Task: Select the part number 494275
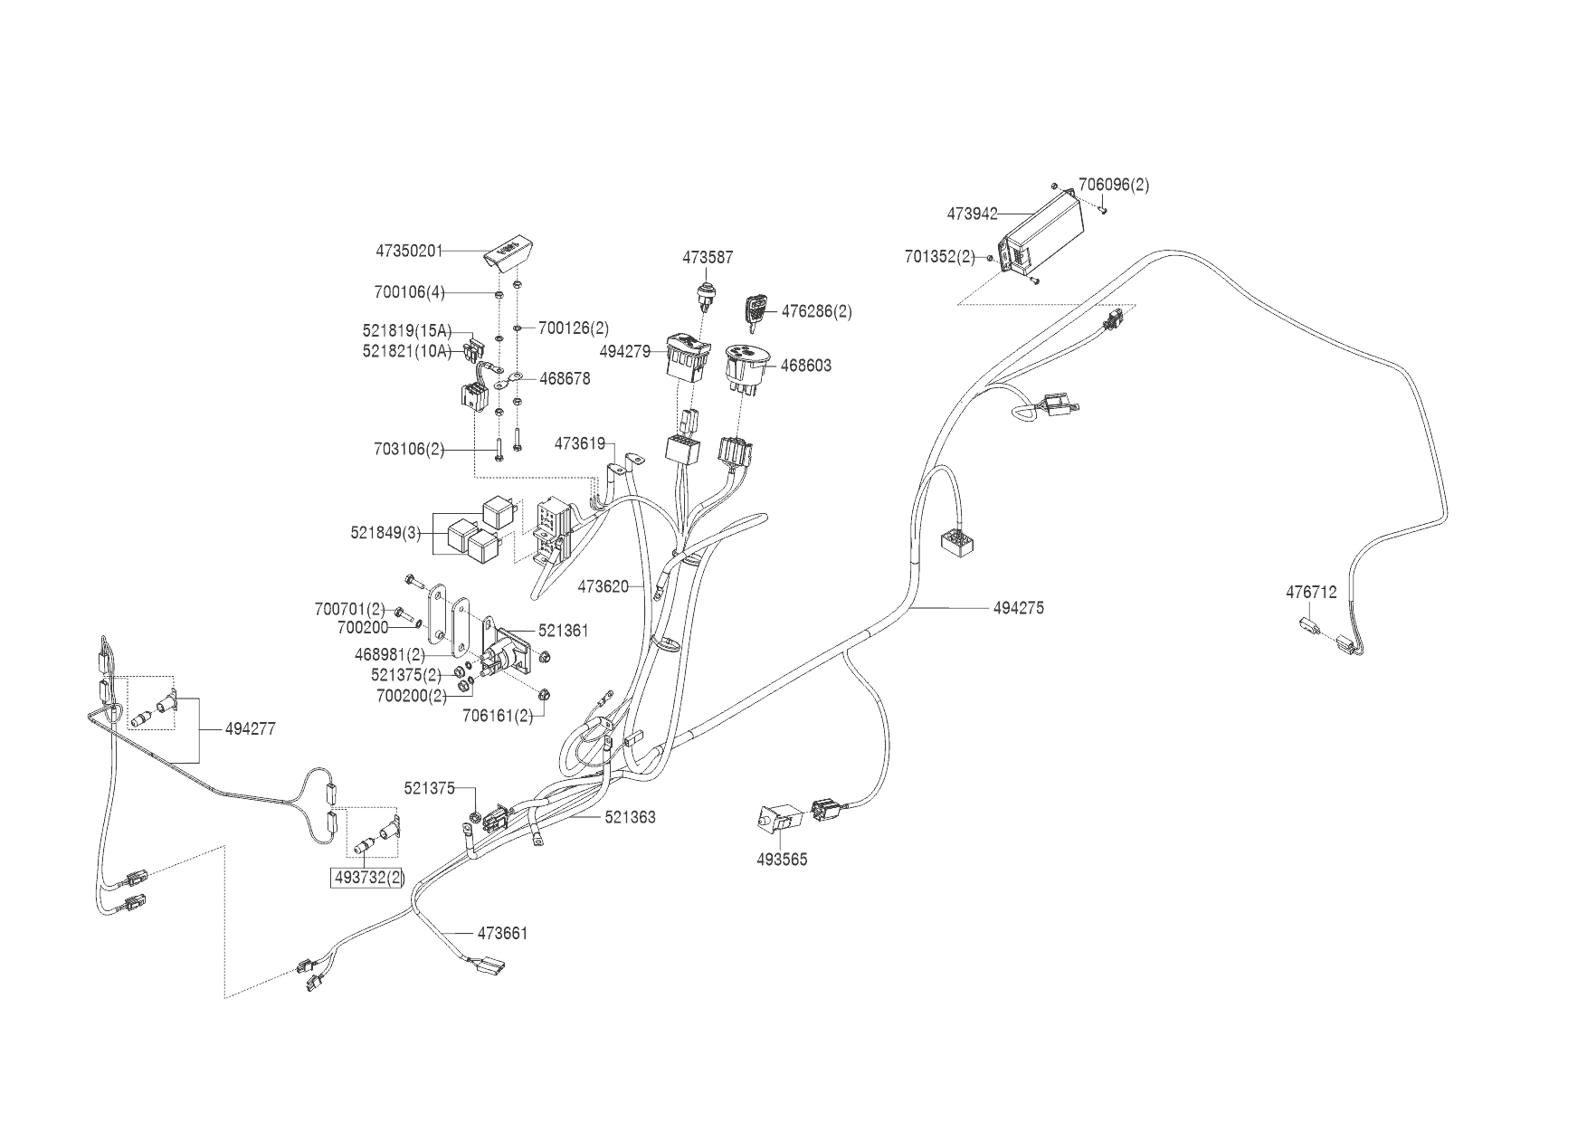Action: click(1018, 608)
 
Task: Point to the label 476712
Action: click(1311, 593)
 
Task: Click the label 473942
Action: click(972, 214)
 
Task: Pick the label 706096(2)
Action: click(1114, 185)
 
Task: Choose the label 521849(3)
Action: click(386, 533)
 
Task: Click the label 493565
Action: click(782, 860)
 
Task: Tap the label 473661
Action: click(502, 933)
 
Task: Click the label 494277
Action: click(251, 729)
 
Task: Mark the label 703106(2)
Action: click(409, 449)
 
